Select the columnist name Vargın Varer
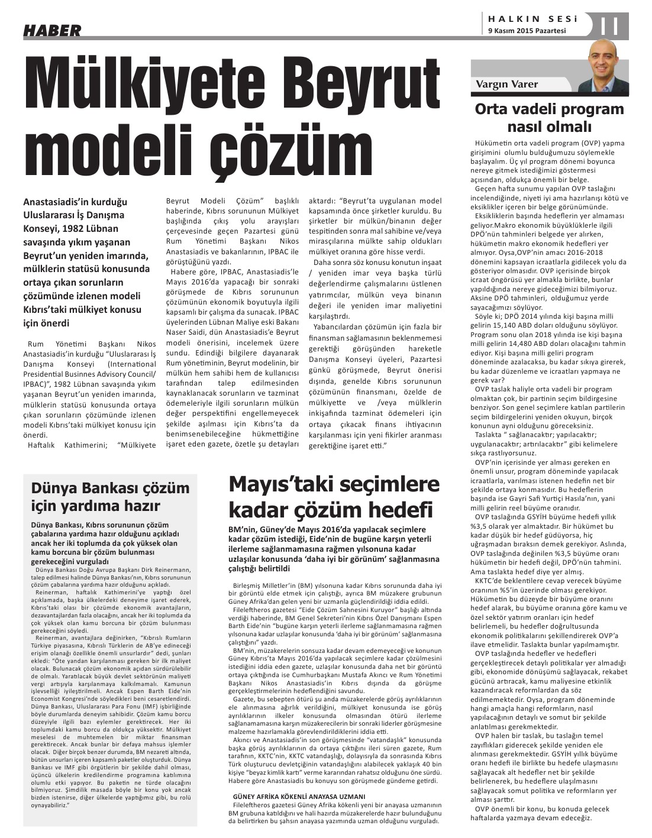506,84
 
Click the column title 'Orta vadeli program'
550,109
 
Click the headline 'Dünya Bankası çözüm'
110,488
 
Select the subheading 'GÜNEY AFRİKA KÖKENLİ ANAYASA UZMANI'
299,796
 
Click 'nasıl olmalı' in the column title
550,127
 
